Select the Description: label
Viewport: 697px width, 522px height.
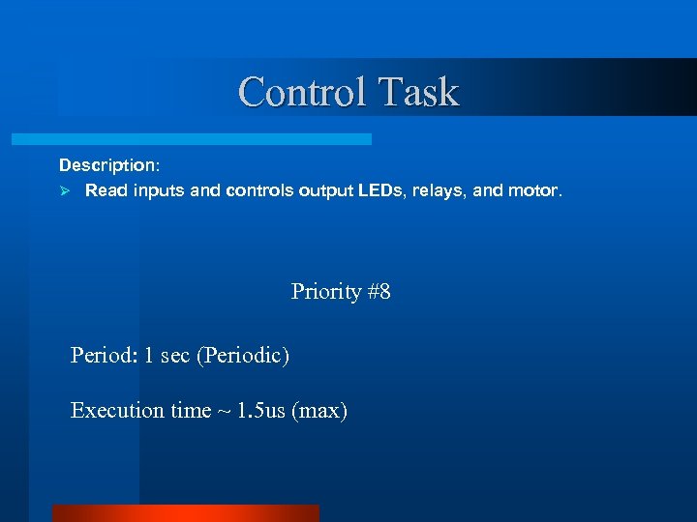pos(106,166)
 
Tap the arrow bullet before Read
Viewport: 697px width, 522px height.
pos(66,190)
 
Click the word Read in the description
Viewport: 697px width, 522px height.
pos(106,190)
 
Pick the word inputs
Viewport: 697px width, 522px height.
pos(159,190)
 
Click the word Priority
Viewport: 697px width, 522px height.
pos(326,291)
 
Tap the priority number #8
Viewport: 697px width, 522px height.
pos(379,291)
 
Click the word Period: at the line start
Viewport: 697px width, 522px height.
pos(105,356)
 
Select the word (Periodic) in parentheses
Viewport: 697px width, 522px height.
pos(242,356)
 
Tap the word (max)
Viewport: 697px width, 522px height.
pos(322,411)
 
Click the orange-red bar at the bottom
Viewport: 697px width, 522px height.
pos(185,513)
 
